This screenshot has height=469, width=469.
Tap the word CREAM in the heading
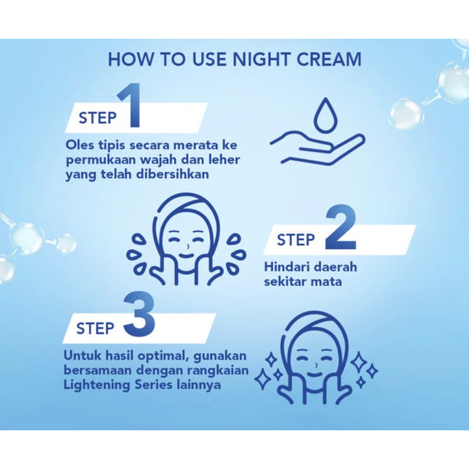(x=329, y=59)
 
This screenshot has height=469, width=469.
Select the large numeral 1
(x=130, y=105)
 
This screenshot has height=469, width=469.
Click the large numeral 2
(x=341, y=227)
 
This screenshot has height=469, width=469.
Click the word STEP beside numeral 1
(x=97, y=118)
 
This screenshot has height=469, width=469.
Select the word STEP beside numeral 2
(x=296, y=240)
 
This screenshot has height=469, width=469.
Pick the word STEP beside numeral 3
(x=95, y=328)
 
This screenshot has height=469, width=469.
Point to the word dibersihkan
(x=172, y=174)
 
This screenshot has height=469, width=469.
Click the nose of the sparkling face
(x=316, y=365)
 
